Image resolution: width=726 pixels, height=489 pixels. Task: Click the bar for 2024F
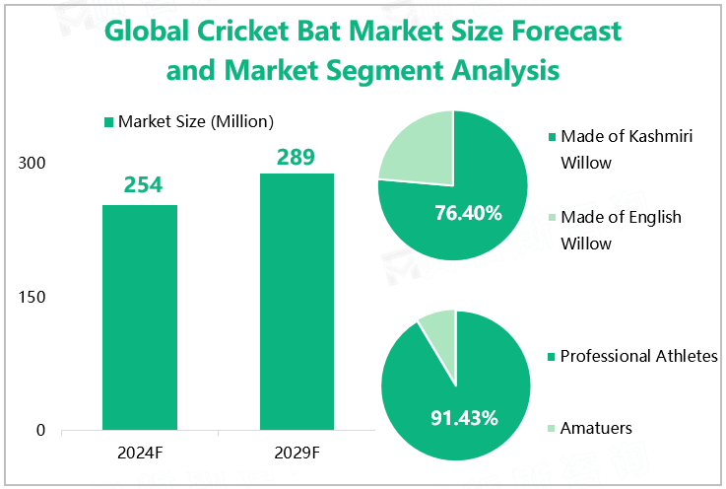[x=140, y=317]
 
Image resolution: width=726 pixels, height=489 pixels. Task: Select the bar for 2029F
[x=297, y=302]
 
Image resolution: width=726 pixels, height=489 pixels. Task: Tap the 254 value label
[x=142, y=185]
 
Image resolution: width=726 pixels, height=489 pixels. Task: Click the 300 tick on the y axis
[x=33, y=163]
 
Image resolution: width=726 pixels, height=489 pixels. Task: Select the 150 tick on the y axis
[x=33, y=297]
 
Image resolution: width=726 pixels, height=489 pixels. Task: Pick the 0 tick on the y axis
[x=40, y=431]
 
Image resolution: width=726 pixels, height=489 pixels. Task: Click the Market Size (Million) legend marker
[x=108, y=122]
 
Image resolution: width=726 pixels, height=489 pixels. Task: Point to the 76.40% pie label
[x=468, y=213]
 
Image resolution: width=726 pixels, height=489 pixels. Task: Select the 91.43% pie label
[x=464, y=417]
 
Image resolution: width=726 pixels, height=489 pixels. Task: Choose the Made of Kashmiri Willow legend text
[x=625, y=149]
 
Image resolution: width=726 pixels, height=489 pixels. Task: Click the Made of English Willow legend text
[x=620, y=230]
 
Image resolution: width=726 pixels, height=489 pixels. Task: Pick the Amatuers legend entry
[x=595, y=428]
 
